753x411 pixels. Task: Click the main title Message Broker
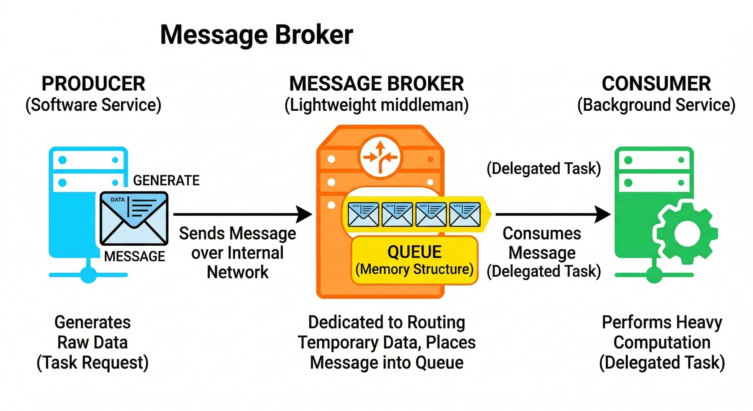257,35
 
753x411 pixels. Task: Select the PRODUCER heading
93,84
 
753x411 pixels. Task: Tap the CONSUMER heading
656,84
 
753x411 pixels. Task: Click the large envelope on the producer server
134,219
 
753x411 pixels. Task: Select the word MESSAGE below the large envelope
135,257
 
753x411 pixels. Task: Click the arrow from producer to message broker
243,214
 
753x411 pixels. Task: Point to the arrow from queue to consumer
553,214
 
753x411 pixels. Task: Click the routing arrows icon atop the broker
380,158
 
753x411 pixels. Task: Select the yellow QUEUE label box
414,260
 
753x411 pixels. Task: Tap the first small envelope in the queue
363,214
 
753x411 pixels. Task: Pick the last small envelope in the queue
465,214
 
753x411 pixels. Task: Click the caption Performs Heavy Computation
662,332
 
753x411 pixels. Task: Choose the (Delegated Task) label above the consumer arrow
544,169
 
